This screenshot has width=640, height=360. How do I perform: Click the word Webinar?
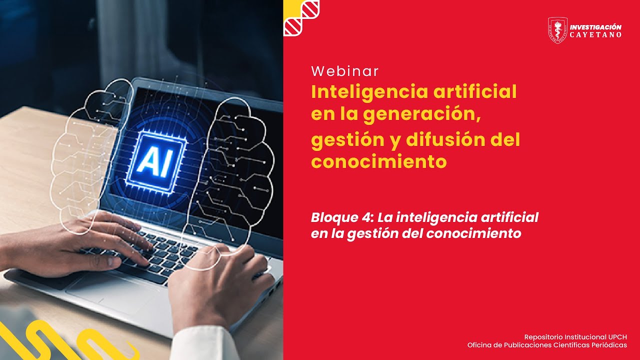[344, 71]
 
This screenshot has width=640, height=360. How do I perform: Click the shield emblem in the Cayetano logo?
[557, 30]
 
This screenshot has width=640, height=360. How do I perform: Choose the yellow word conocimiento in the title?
[378, 161]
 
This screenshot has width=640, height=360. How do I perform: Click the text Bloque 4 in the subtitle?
[341, 218]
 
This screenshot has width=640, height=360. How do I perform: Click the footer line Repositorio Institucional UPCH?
[575, 337]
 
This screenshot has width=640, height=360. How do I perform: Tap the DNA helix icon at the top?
[301, 17]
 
